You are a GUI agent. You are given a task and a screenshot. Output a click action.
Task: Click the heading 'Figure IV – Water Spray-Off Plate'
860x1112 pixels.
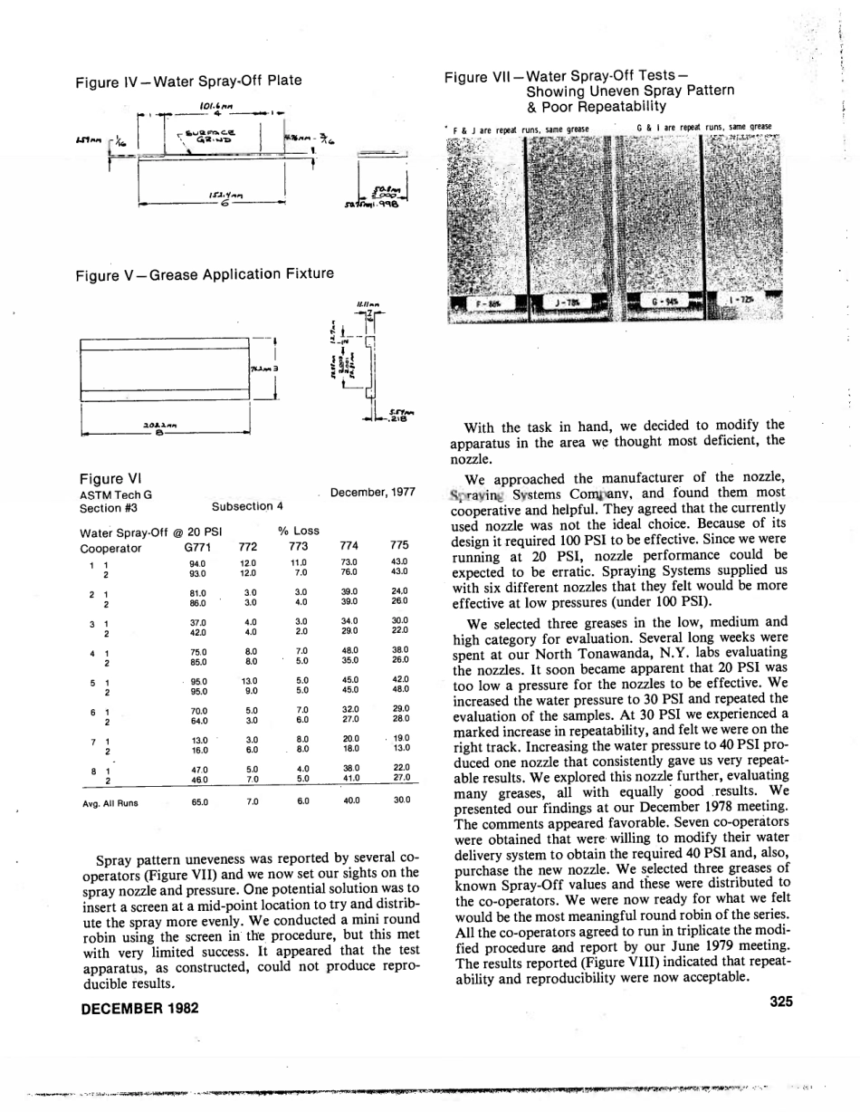coord(188,81)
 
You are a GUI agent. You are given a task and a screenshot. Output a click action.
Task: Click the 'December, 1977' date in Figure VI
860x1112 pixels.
coord(372,493)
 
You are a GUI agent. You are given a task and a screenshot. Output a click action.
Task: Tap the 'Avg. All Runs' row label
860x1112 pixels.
coord(109,802)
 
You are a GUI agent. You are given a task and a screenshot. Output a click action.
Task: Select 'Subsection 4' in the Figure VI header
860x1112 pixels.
coord(247,507)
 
